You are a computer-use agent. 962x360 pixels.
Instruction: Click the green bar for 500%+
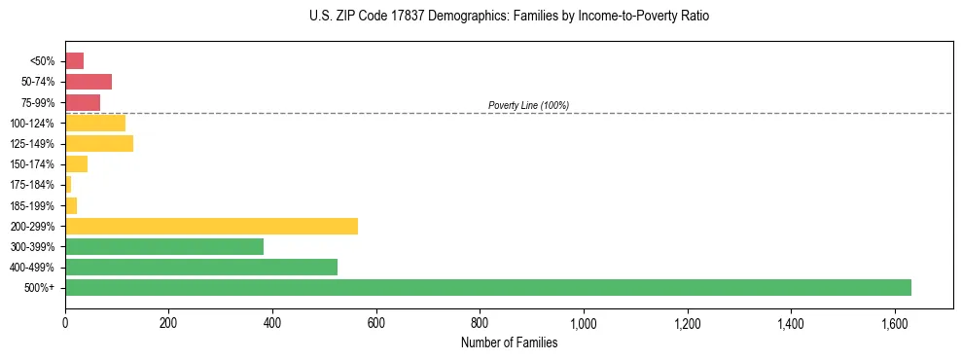(x=487, y=287)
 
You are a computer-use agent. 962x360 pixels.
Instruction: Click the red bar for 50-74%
(x=89, y=82)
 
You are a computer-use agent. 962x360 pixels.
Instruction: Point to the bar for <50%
(x=74, y=61)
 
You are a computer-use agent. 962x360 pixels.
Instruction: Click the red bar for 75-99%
(x=83, y=102)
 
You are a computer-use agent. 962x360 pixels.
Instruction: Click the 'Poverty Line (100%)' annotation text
(x=528, y=105)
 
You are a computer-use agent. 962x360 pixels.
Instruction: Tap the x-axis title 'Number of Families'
(x=509, y=342)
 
